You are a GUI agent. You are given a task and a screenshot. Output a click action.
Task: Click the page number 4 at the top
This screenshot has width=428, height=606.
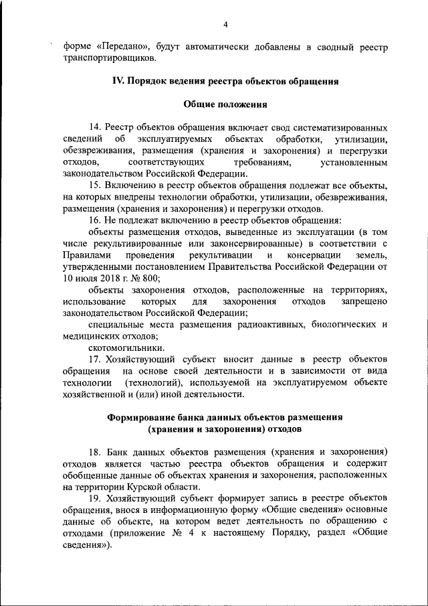[x=225, y=25]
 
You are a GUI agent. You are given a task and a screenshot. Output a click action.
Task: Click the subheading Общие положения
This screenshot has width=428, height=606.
[x=225, y=104]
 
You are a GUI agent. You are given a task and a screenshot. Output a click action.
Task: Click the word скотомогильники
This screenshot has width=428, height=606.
[x=126, y=348]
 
